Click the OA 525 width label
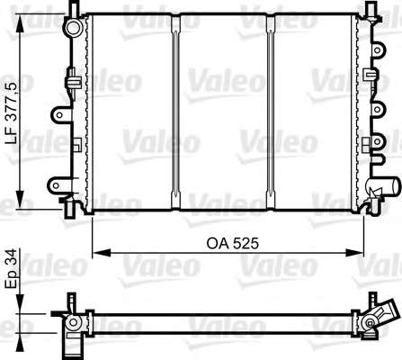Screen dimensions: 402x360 [x=232, y=244]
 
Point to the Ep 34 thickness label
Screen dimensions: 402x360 [x=13, y=268]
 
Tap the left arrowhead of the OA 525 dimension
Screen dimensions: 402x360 [x=102, y=253]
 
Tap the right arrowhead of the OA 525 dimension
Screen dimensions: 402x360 [x=354, y=253]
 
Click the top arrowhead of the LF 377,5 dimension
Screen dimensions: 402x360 [x=20, y=22]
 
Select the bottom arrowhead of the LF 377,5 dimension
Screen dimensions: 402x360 [x=20, y=199]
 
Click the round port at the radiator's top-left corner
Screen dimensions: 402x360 [x=73, y=28]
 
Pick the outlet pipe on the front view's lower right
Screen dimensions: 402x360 [x=386, y=186]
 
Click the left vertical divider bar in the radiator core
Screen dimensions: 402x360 [x=175, y=112]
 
